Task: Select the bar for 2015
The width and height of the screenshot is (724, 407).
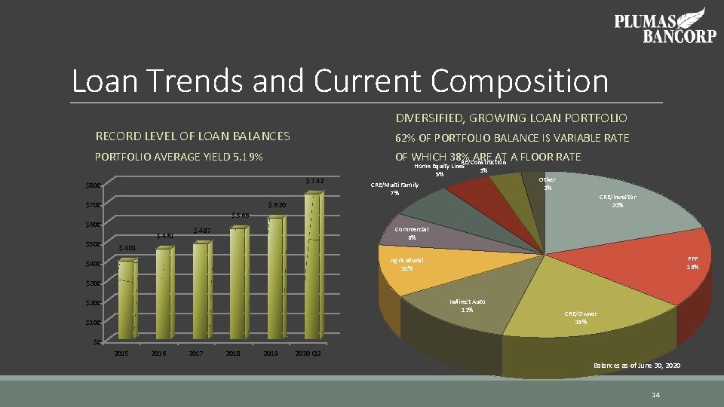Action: coord(124,300)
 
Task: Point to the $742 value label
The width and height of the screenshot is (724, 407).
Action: coord(314,181)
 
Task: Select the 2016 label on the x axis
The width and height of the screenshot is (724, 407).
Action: coord(158,353)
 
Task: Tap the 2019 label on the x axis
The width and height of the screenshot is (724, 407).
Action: coord(269,353)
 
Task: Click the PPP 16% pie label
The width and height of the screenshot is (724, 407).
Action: coord(692,262)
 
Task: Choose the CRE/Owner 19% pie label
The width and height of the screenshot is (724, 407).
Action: coord(581,317)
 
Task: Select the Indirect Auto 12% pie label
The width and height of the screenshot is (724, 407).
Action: coord(467,305)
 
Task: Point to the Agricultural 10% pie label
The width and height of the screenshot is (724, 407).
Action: coord(406,264)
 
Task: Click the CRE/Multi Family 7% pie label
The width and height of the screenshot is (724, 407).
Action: coord(394,188)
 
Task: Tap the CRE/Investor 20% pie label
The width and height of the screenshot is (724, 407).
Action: coord(617,200)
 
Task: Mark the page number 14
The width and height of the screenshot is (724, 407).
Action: coord(655,395)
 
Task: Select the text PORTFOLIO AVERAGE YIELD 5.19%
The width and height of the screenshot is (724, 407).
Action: coord(179,158)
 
